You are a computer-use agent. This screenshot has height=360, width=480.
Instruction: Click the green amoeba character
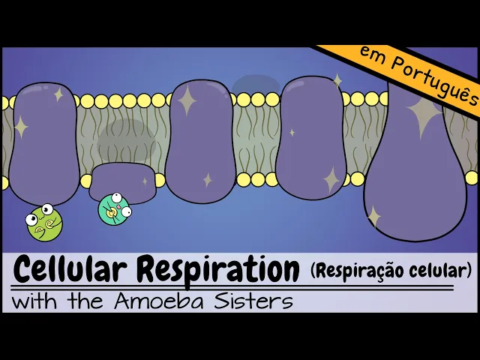(43, 223)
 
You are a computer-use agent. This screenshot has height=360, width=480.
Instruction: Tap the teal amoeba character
(115, 209)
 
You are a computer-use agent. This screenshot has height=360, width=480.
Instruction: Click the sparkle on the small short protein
(145, 180)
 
